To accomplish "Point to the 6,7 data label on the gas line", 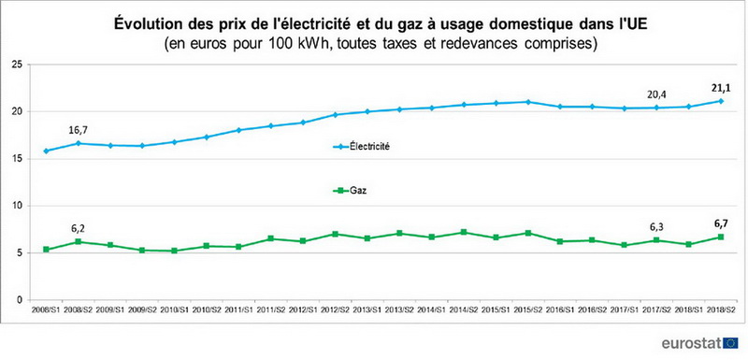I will tap(715, 223).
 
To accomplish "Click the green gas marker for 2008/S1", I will tap(46, 250).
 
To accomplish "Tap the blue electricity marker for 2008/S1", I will tap(46, 151).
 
